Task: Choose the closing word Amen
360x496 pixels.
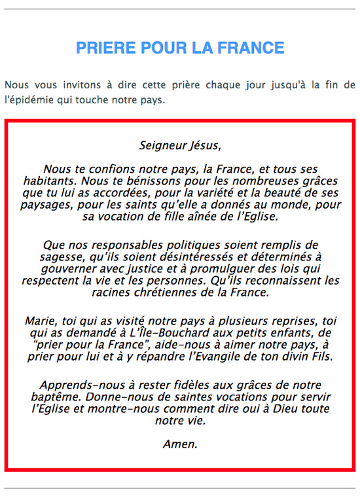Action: coord(180,444)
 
